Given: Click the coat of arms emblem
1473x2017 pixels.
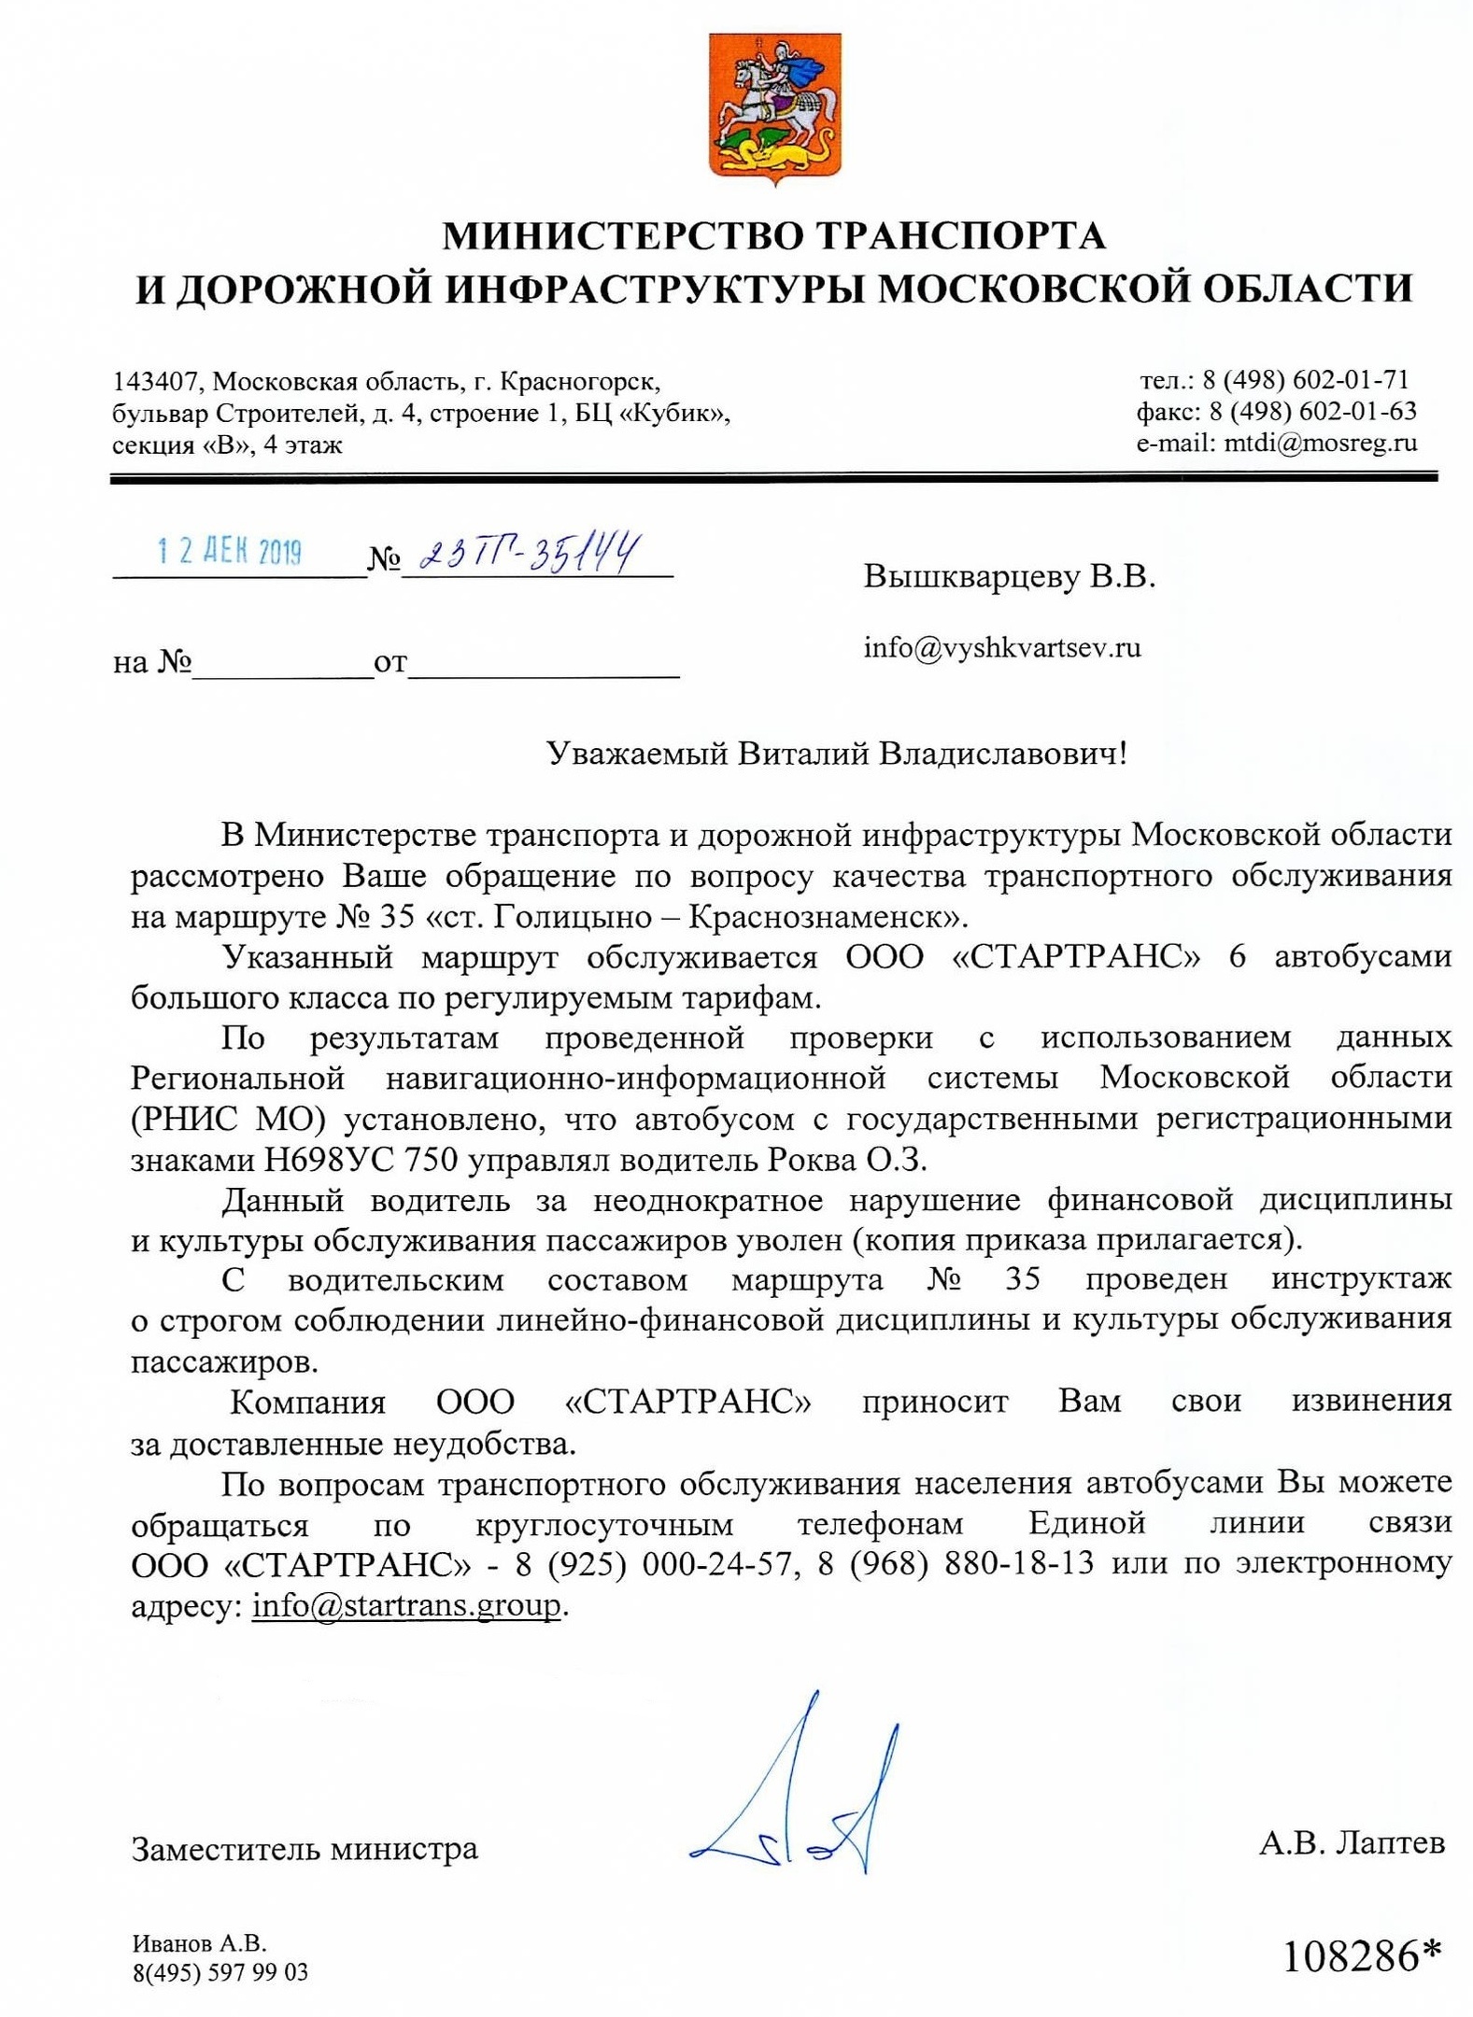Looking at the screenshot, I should [x=774, y=108].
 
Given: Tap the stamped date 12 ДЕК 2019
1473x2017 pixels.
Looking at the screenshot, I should [x=230, y=552].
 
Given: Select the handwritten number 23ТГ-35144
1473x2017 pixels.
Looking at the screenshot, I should [x=530, y=553].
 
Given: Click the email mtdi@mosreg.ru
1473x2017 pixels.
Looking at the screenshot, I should [x=1321, y=443].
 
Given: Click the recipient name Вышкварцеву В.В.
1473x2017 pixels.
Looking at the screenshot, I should [x=1009, y=576].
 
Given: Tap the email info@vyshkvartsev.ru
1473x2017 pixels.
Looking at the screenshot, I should [x=1002, y=647].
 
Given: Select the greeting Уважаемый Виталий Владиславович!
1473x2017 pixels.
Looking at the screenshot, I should [x=836, y=754].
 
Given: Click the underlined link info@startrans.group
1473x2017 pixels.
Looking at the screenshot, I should [x=406, y=1605].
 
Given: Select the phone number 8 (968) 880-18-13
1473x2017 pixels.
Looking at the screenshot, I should [x=956, y=1563].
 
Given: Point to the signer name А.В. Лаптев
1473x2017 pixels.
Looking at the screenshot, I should [x=1352, y=1842].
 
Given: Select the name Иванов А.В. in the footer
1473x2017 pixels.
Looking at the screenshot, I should [x=200, y=1943].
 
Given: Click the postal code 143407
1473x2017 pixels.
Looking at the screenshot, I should [x=154, y=381].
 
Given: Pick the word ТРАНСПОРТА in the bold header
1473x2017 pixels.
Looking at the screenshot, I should [x=962, y=236].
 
